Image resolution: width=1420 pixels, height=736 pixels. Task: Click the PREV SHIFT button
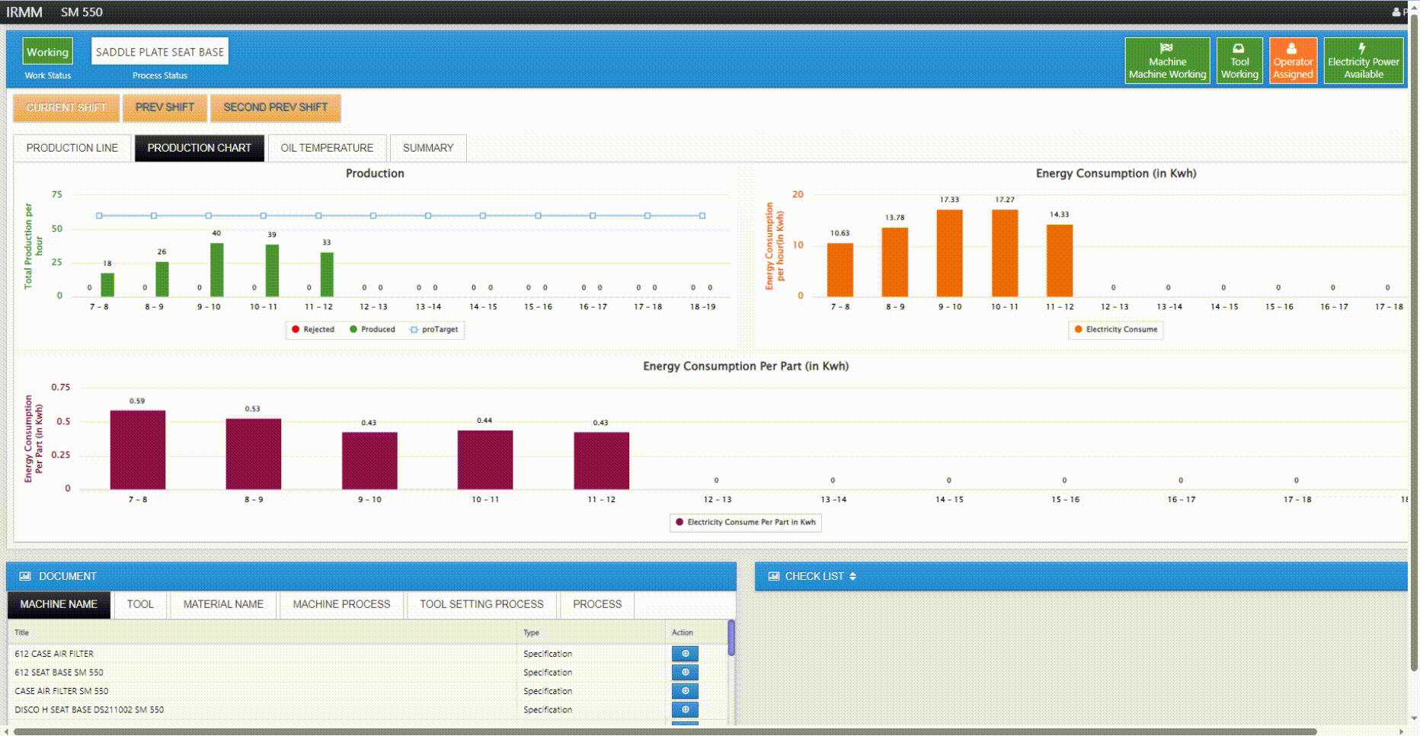[x=165, y=107]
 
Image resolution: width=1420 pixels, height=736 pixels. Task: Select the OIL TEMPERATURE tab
[x=327, y=148]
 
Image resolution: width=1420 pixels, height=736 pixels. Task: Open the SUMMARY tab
[x=427, y=148]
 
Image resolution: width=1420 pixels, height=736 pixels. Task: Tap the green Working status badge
[x=47, y=52]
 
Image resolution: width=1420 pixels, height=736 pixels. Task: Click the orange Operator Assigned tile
[x=1293, y=60]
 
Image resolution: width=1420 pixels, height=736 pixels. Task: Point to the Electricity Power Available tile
[x=1363, y=60]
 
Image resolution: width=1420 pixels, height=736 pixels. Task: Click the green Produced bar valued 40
[x=217, y=270]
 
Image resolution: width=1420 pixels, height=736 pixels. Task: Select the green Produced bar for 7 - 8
[x=107, y=284]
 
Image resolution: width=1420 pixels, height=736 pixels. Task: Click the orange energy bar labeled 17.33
[x=949, y=253]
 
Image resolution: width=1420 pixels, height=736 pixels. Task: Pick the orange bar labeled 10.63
[x=840, y=270]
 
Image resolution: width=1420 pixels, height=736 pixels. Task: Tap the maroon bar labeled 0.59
[x=137, y=450]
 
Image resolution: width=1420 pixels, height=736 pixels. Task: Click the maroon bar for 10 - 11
[x=485, y=459]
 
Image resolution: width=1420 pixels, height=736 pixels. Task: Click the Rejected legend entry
[x=313, y=330]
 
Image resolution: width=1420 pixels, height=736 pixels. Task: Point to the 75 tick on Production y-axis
[x=57, y=194]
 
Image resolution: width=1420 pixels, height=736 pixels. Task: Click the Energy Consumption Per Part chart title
[x=745, y=366]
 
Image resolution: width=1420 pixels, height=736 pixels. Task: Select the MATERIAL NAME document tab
[x=223, y=604]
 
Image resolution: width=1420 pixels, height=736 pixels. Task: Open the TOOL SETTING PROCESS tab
[x=481, y=604]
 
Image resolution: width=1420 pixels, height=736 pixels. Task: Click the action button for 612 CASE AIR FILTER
[x=685, y=654]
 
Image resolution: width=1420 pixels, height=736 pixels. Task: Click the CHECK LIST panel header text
[x=814, y=577]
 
